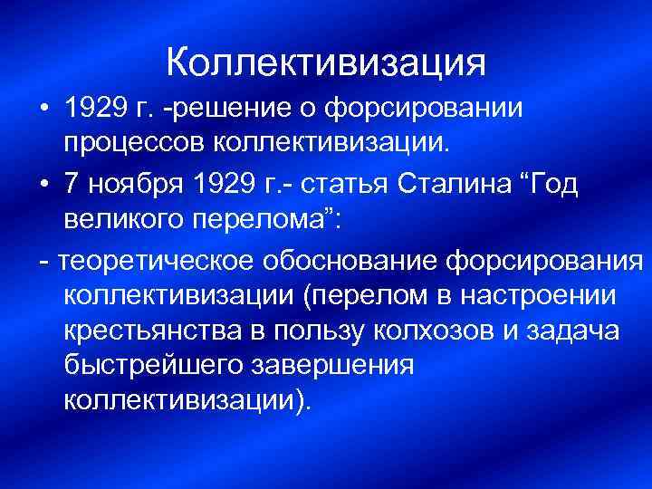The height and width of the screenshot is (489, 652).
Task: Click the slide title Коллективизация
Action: [x=326, y=62]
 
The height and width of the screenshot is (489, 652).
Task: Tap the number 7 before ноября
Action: [x=71, y=183]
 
